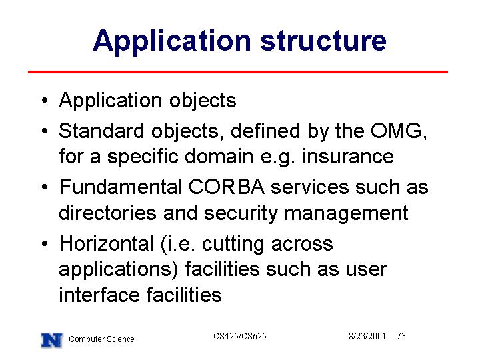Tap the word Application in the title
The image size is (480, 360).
pyautogui.click(x=172, y=42)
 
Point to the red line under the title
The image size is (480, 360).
pyautogui.click(x=238, y=72)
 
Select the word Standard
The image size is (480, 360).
pyautogui.click(x=101, y=131)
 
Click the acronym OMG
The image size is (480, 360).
pyautogui.click(x=397, y=131)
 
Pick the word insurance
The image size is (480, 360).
pyautogui.click(x=348, y=157)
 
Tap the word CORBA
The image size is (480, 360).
pyautogui.click(x=227, y=187)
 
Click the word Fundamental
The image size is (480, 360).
pyautogui.click(x=121, y=187)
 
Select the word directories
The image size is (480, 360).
pyautogui.click(x=107, y=213)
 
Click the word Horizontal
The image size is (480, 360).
pyautogui.click(x=107, y=244)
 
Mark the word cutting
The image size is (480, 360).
pyautogui.click(x=233, y=245)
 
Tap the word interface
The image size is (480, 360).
pyautogui.click(x=99, y=295)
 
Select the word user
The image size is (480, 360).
pyautogui.click(x=366, y=270)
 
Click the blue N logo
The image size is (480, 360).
pyautogui.click(x=52, y=340)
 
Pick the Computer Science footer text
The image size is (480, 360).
pyautogui.click(x=101, y=339)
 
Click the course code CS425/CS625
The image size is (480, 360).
pyautogui.click(x=240, y=336)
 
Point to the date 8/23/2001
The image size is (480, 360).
pyautogui.click(x=367, y=336)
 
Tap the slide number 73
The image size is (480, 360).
pyautogui.click(x=401, y=336)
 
